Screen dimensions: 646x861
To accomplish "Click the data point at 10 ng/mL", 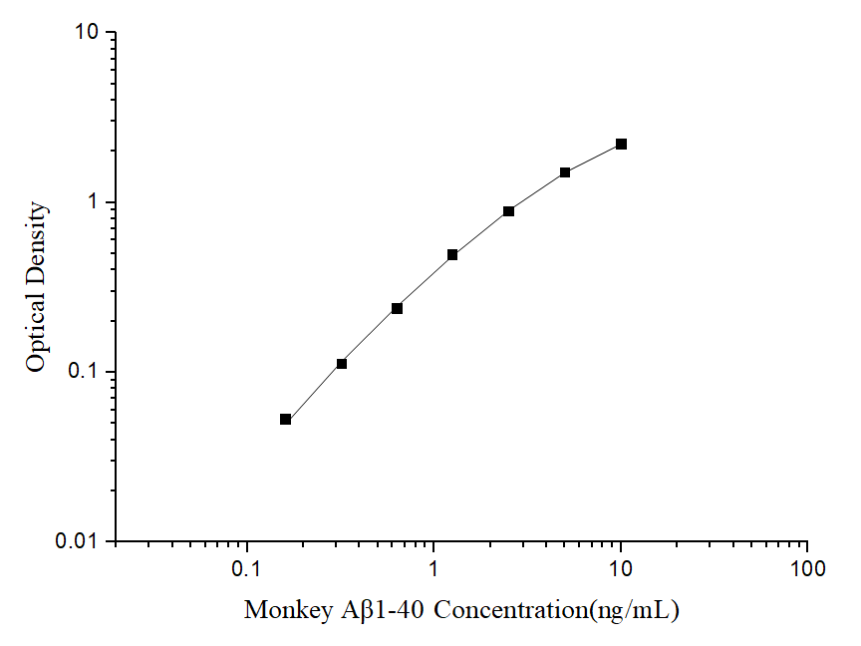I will coord(621,144).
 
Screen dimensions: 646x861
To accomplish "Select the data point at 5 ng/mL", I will coord(565,172).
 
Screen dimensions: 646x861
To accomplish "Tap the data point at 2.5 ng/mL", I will coord(508,211).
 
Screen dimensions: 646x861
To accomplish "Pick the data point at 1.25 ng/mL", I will coord(452,255).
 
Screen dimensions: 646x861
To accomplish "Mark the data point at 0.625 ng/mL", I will coord(397,308).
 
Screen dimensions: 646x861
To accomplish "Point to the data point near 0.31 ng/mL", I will coord(341,364).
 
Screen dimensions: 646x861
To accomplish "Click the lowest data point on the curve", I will coord(285,420).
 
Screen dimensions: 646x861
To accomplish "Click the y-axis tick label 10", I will coord(87,33).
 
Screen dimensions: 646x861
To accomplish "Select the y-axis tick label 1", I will coord(96,202).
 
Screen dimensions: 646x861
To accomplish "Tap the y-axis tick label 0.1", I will coord(88,372).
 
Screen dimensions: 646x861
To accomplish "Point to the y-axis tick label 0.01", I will coord(80,541).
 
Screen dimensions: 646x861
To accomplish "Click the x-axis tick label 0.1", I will coord(246,569).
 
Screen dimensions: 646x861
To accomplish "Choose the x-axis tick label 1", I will coord(433,569).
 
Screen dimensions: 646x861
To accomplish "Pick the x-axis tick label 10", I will coord(621,569).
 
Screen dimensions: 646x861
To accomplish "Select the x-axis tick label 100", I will coord(807,569).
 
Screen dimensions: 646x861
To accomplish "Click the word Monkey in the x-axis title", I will coord(282,609).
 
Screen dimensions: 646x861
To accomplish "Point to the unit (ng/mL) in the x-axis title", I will coord(634,609).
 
